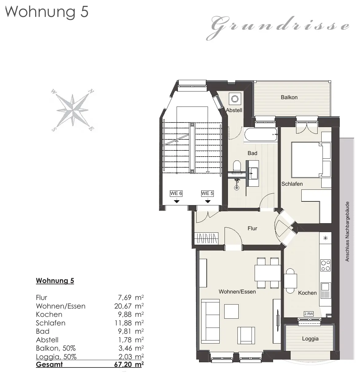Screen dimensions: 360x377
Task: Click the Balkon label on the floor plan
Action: [x=289, y=97]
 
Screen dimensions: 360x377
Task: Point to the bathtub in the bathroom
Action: [x=260, y=134]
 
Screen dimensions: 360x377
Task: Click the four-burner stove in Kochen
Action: [x=326, y=265]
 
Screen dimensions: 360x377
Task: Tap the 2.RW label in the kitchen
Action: [x=309, y=314]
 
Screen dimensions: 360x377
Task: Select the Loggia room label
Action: [x=310, y=339]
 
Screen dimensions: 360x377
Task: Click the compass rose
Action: [x=72, y=110]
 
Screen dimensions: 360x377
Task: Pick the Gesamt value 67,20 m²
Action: [x=129, y=364]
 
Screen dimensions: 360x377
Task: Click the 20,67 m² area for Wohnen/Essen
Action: [x=129, y=306]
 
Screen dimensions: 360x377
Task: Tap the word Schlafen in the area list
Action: [x=51, y=323]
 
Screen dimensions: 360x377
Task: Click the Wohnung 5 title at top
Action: [x=47, y=12]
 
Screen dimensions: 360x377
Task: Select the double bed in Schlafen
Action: [x=311, y=160]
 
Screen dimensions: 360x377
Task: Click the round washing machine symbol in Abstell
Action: [x=235, y=99]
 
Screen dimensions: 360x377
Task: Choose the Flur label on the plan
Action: [x=252, y=228]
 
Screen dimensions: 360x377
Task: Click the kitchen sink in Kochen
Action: [x=326, y=291]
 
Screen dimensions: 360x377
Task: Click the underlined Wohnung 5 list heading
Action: [x=55, y=281]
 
